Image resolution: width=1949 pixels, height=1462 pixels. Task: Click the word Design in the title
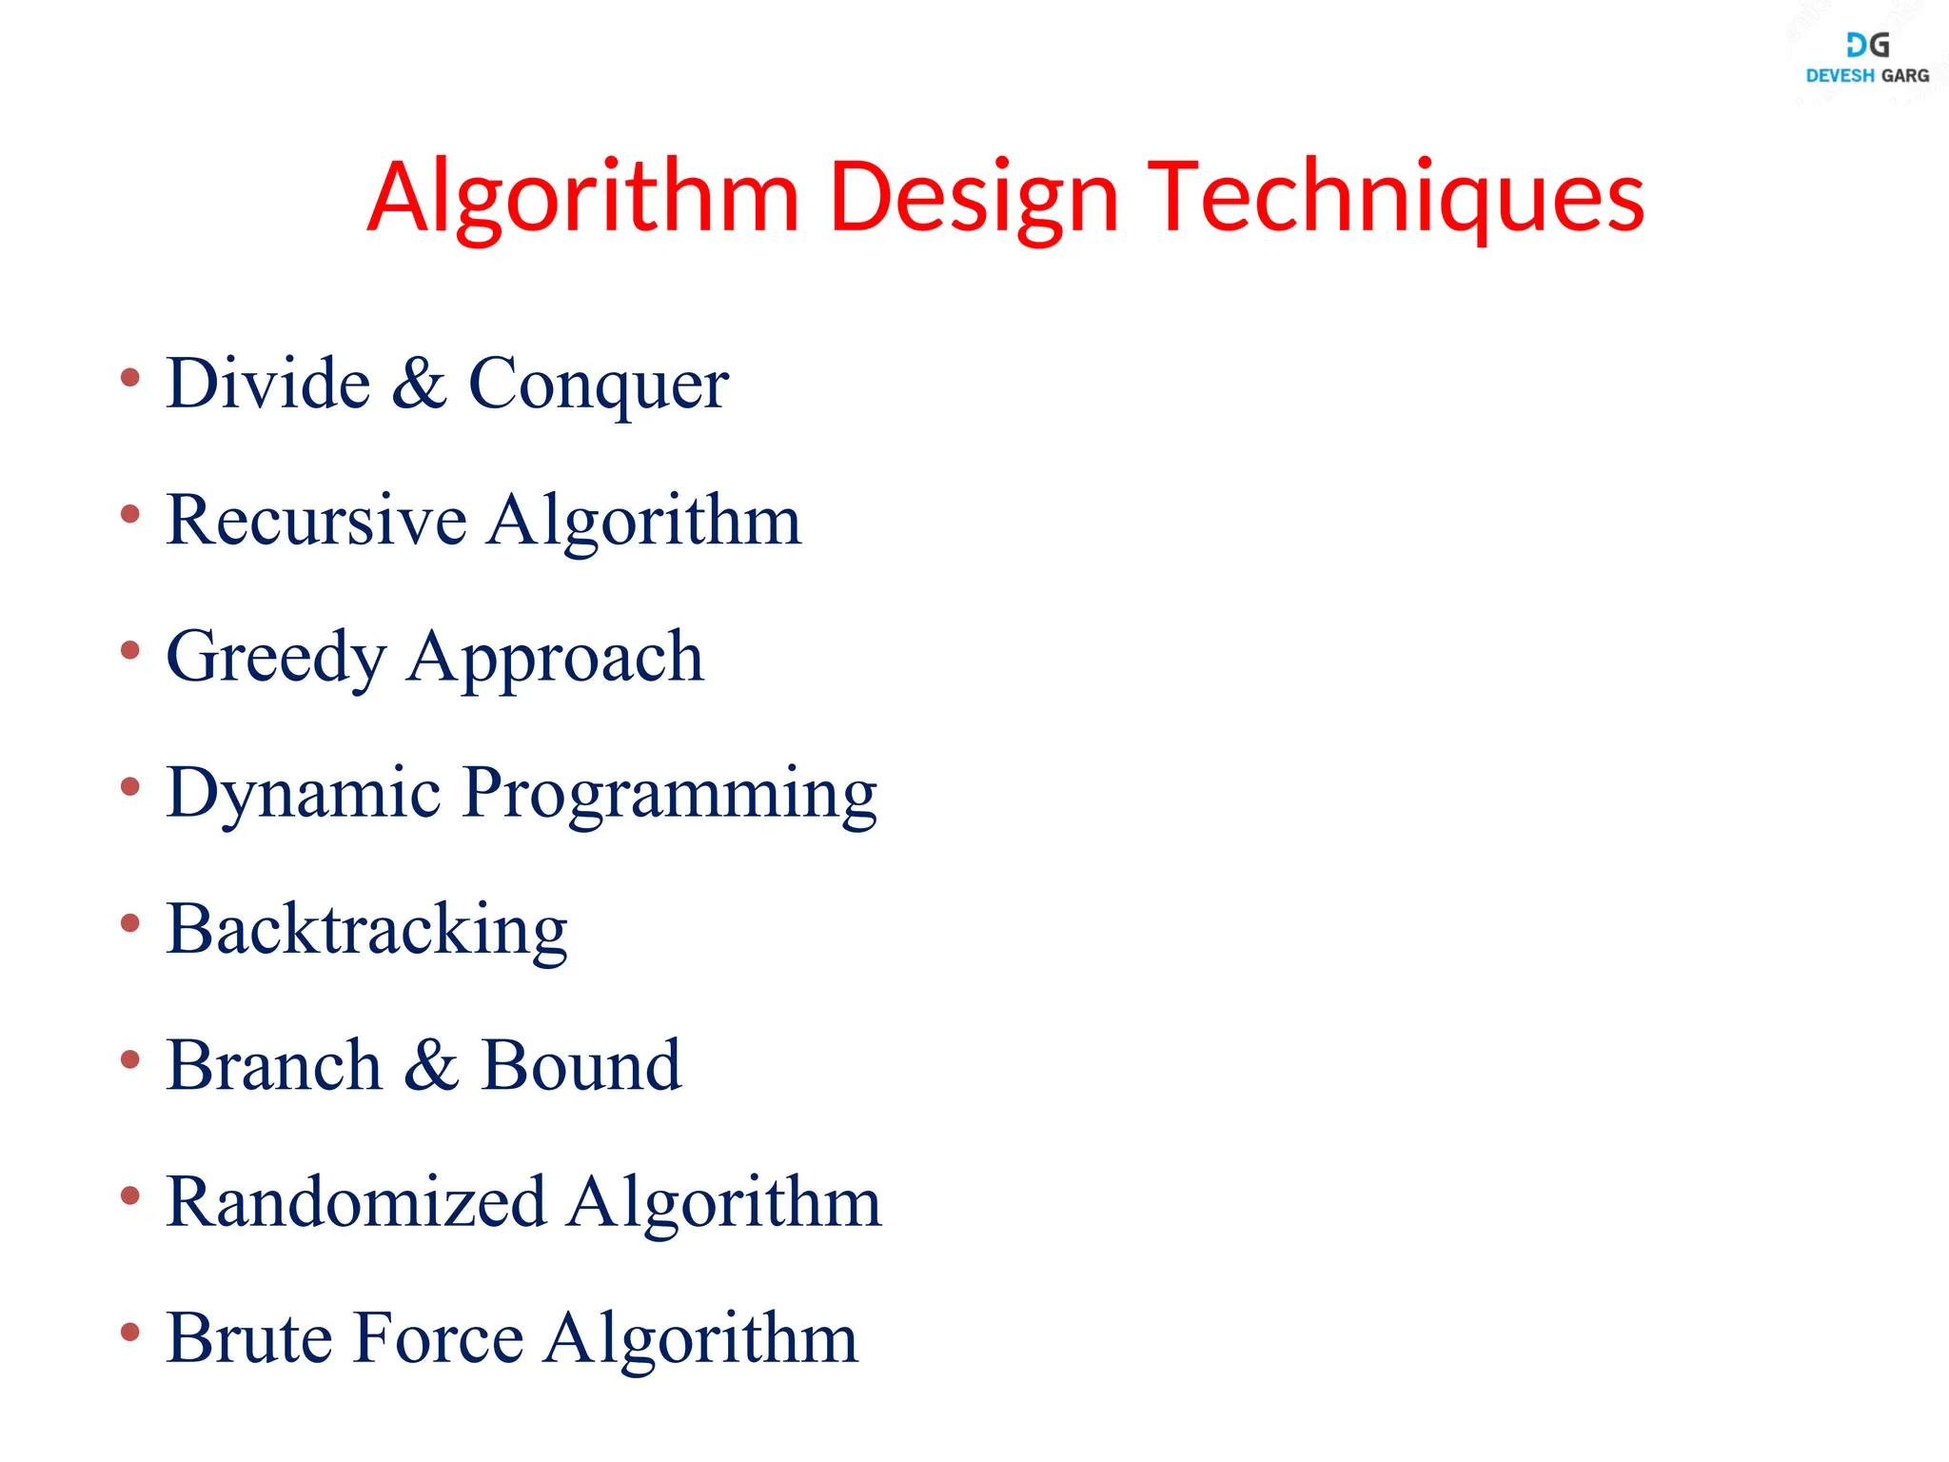[973, 198]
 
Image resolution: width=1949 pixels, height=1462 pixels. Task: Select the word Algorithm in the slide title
[582, 198]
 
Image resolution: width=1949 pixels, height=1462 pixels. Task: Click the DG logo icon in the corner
[1867, 45]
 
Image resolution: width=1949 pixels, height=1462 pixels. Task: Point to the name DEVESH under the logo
[1840, 76]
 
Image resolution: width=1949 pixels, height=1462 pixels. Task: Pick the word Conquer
[599, 385]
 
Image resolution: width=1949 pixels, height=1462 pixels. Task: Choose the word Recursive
[316, 521]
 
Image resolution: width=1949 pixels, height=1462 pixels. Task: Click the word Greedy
[276, 659]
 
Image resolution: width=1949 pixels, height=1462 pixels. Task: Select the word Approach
[555, 659]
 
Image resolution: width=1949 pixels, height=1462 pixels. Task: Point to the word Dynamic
[304, 795]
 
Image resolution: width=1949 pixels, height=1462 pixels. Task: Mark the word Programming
[669, 795]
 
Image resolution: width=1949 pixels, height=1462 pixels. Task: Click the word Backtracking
[366, 930]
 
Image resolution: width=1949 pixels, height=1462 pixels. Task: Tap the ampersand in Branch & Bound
[431, 1065]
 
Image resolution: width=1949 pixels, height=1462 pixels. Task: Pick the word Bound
[581, 1065]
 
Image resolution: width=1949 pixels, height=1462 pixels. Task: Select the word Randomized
[356, 1202]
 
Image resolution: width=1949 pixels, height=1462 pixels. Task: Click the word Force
[439, 1338]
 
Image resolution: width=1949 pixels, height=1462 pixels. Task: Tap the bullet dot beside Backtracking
[130, 922]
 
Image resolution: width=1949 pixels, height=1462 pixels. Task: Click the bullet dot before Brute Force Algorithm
[130, 1332]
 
